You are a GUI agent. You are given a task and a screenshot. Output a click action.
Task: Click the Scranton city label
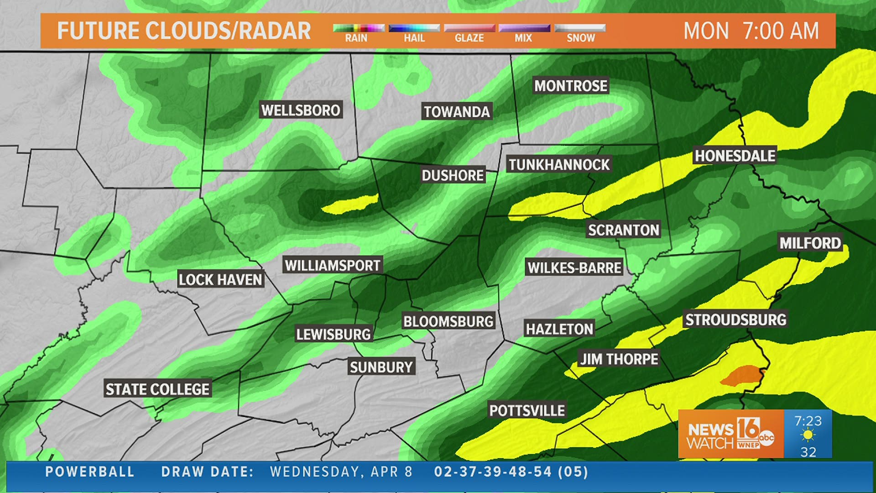[623, 230]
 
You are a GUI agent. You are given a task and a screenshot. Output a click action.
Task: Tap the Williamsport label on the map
[332, 265]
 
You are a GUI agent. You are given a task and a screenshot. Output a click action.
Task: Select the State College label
[157, 389]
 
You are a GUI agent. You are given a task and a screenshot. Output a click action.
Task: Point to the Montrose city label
[570, 86]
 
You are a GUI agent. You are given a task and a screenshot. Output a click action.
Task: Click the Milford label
[810, 243]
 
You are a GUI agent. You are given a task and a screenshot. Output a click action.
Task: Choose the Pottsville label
[527, 410]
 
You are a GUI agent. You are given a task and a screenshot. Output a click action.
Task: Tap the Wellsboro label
[301, 110]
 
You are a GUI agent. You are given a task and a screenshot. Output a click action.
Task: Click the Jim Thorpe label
[619, 359]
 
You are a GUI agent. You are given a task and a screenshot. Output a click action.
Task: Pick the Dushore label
[452, 175]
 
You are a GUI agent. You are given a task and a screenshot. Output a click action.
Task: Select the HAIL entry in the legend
[414, 38]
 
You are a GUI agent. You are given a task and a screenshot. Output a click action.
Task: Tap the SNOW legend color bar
[580, 28]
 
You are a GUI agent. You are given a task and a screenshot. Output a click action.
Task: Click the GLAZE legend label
[469, 38]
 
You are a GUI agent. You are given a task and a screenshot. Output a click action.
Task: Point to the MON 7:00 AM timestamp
[751, 31]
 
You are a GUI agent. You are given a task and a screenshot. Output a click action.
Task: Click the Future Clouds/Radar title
[184, 31]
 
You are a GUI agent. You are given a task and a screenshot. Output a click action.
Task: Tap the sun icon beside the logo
[808, 435]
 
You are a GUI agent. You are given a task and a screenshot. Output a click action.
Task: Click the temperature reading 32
[808, 452]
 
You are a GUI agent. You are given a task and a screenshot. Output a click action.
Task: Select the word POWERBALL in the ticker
[90, 472]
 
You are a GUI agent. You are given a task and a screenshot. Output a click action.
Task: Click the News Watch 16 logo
[730, 434]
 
